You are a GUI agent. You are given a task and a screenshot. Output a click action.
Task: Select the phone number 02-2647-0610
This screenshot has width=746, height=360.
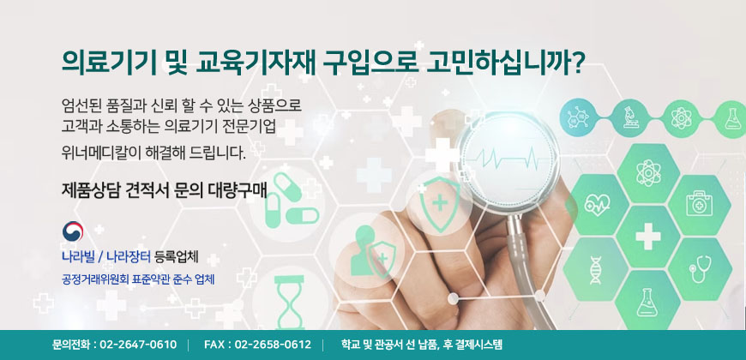tap(138, 345)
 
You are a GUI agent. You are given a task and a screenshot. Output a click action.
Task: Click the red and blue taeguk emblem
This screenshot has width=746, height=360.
tap(73, 231)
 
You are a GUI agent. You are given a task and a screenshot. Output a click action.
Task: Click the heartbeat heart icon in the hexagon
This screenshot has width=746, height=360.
tap(597, 205)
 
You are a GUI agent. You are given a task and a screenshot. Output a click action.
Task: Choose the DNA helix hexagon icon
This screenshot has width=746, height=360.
tap(596, 270)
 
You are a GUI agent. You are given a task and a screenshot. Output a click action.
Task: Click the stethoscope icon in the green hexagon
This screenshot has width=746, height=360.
tap(700, 270)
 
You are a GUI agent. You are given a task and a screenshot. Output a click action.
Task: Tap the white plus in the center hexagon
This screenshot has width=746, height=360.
tap(647, 237)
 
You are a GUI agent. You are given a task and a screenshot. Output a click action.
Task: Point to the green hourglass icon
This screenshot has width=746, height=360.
tap(288, 303)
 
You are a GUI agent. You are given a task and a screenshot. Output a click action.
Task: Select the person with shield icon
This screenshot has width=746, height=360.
tap(371, 252)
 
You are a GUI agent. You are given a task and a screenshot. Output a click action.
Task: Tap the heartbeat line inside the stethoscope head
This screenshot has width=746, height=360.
tap(508, 156)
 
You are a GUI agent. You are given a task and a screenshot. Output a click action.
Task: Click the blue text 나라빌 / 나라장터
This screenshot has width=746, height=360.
tap(106, 258)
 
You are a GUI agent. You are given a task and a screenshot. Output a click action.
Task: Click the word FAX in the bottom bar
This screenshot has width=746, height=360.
tap(214, 345)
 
